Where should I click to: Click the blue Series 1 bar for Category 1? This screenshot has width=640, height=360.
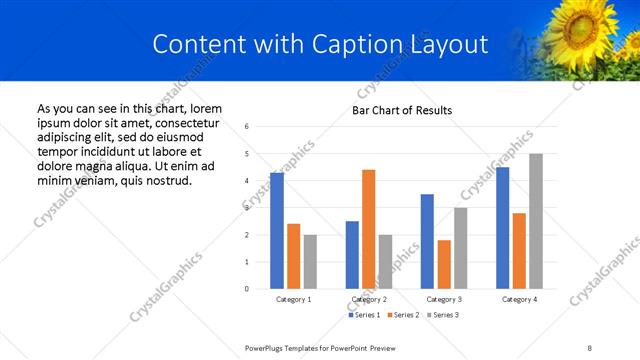(x=277, y=231)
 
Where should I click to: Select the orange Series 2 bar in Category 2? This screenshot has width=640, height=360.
(x=368, y=229)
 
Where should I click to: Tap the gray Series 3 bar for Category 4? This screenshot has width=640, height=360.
(x=536, y=221)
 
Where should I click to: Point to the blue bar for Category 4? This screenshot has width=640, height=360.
(x=502, y=228)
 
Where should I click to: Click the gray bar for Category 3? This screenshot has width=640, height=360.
(x=461, y=248)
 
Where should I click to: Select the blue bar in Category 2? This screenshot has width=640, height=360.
(x=352, y=255)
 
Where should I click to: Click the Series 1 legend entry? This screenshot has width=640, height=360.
(x=363, y=315)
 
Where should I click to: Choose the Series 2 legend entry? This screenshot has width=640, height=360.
(x=402, y=315)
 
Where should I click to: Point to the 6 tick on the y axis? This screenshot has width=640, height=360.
(x=247, y=126)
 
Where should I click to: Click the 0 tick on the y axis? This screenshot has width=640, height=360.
(x=247, y=289)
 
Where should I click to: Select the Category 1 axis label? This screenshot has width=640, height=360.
(x=294, y=299)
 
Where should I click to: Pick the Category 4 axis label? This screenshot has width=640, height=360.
(x=519, y=299)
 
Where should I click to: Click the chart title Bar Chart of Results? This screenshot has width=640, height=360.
(x=402, y=110)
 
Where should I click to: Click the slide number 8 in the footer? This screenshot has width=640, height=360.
(x=591, y=347)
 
